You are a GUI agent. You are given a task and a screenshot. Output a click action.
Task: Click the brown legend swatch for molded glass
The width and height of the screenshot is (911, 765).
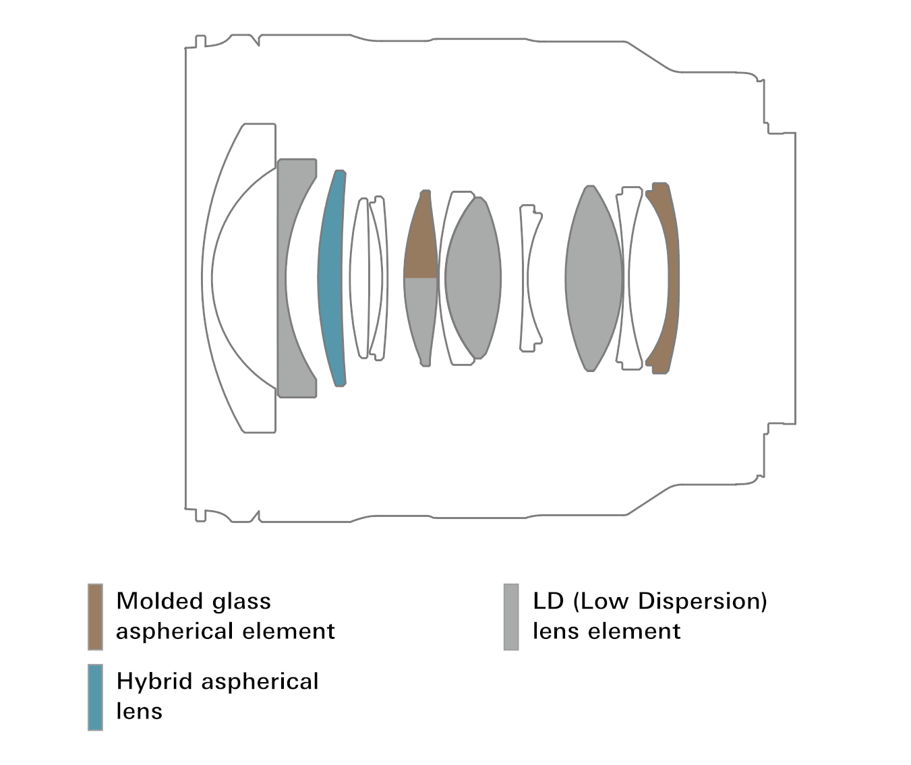coord(95,617)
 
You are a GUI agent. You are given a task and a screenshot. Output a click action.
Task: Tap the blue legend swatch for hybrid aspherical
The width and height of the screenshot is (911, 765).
coord(95,697)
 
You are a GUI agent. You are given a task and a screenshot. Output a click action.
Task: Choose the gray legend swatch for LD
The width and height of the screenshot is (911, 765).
coord(511,617)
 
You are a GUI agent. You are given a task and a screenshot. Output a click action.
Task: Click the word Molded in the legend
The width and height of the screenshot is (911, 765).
coord(159,601)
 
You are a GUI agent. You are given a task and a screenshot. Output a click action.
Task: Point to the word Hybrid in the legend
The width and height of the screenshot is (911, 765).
coord(154,681)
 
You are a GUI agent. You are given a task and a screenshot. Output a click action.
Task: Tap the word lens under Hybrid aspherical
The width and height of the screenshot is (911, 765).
coord(139,711)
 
